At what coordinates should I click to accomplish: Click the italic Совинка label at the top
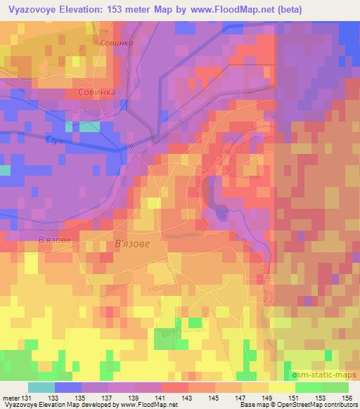pos(117,43)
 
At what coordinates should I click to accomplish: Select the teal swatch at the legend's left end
pos(41,387)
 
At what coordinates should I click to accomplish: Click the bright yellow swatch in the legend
pos(282,387)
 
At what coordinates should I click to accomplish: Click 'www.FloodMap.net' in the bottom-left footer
pos(148,405)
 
